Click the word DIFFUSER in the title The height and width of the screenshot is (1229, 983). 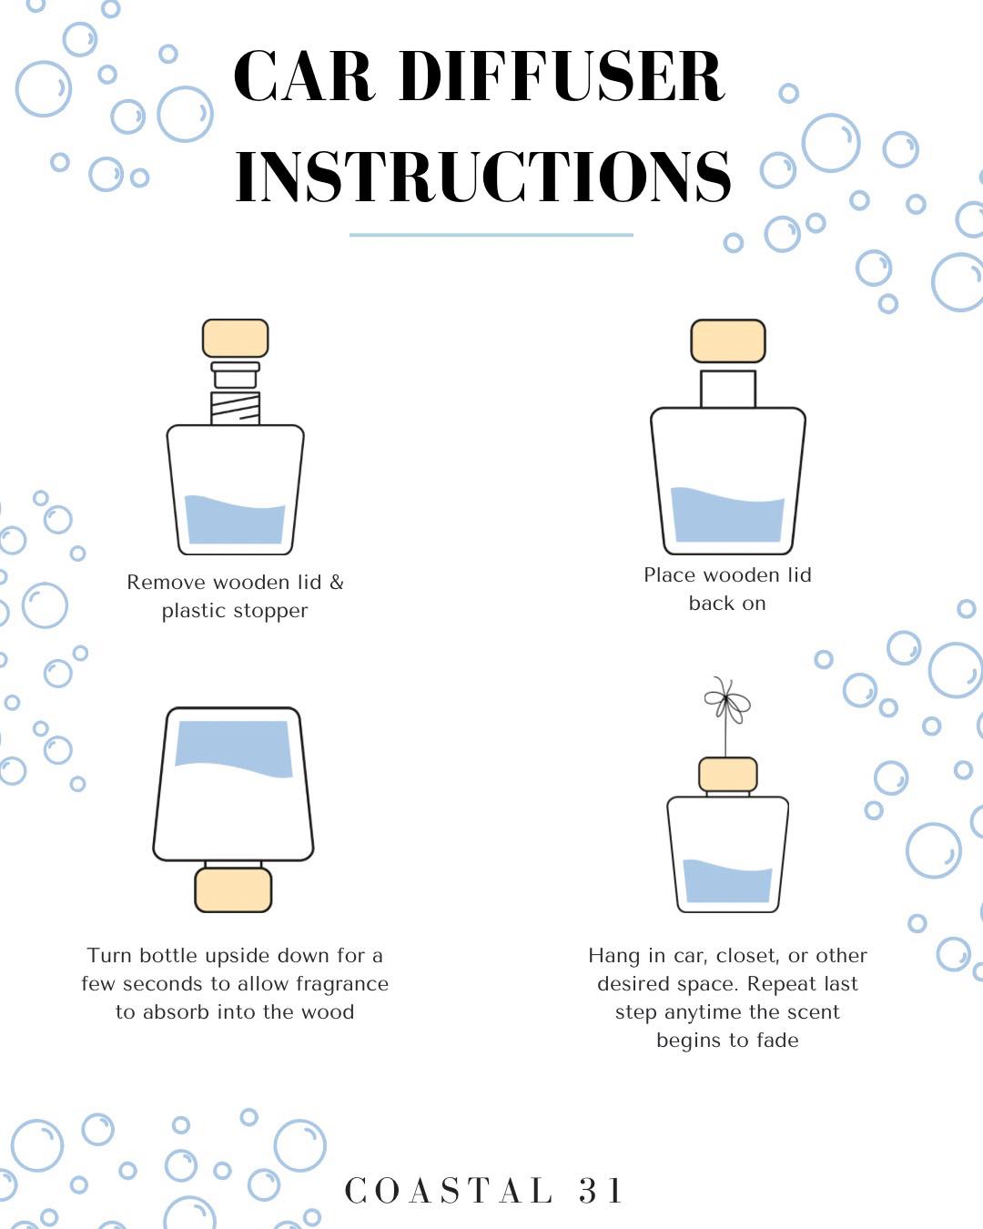click(562, 76)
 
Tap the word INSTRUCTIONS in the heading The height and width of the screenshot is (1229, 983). click(483, 176)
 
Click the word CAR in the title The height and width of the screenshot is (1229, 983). click(305, 76)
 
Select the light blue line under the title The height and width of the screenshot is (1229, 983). click(491, 235)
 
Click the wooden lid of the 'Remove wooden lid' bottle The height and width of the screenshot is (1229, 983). click(236, 338)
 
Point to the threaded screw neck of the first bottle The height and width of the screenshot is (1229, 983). click(236, 409)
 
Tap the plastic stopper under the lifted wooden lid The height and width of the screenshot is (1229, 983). click(236, 375)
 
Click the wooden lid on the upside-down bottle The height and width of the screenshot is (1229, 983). click(233, 889)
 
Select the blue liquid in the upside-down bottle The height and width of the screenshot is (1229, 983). click(233, 748)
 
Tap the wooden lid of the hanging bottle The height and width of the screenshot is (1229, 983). click(728, 775)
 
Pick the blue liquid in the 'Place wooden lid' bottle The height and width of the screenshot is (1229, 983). click(727, 514)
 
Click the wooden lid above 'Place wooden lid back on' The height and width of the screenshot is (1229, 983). click(728, 341)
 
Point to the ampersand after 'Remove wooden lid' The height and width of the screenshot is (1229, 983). click(337, 582)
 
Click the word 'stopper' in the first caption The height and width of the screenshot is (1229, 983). click(270, 611)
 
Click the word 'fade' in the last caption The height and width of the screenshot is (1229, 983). click(777, 1040)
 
